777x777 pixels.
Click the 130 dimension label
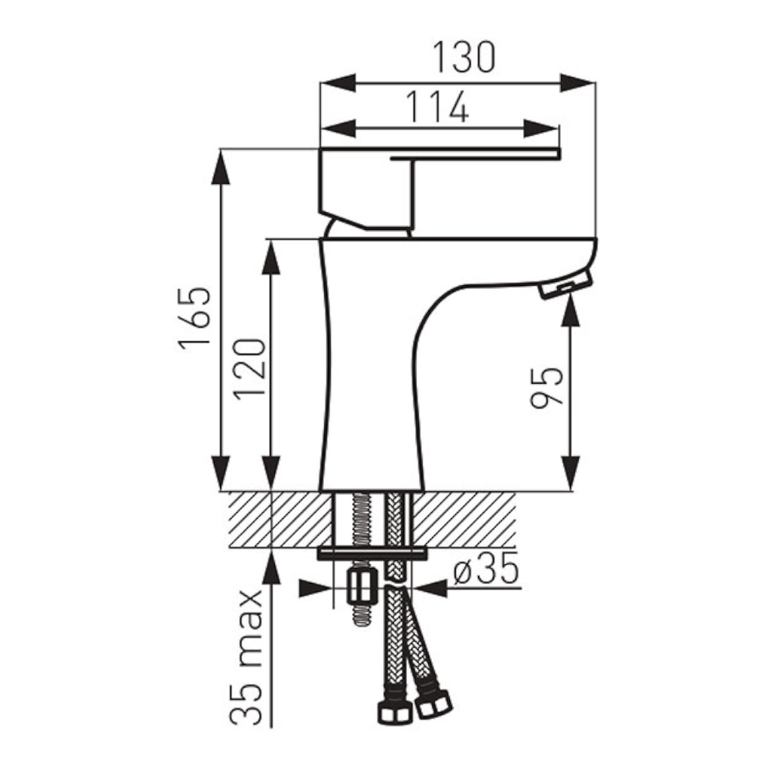(464, 57)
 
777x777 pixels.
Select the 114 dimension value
(437, 106)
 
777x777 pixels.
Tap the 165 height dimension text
(195, 319)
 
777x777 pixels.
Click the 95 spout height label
(547, 388)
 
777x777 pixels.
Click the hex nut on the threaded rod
(362, 588)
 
